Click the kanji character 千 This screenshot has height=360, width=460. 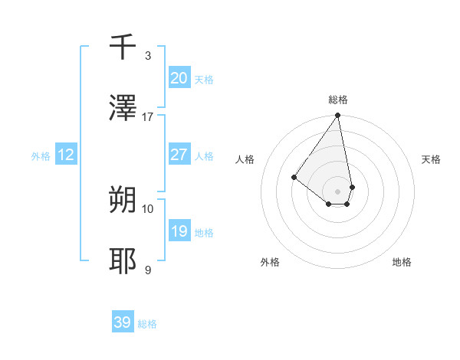(123, 47)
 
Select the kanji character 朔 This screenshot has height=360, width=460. (123, 200)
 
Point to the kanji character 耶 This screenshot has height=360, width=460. (123, 261)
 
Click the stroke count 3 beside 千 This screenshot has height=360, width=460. (147, 56)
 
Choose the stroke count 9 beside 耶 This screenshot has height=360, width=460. (147, 270)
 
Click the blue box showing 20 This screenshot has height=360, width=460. (179, 78)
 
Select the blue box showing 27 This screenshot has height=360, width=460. (179, 155)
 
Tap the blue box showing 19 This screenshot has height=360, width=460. (179, 231)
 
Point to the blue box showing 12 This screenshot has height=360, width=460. (66, 155)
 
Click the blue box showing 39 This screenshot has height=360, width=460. (122, 322)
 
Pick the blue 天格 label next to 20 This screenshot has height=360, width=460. (204, 80)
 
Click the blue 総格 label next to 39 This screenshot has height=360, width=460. (147, 324)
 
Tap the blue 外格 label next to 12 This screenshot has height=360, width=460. (41, 156)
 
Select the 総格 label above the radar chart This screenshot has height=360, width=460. (338, 100)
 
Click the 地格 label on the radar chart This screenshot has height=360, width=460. (402, 262)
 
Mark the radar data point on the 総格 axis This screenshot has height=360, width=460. (337, 116)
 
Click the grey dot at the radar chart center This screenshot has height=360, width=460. (337, 191)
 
